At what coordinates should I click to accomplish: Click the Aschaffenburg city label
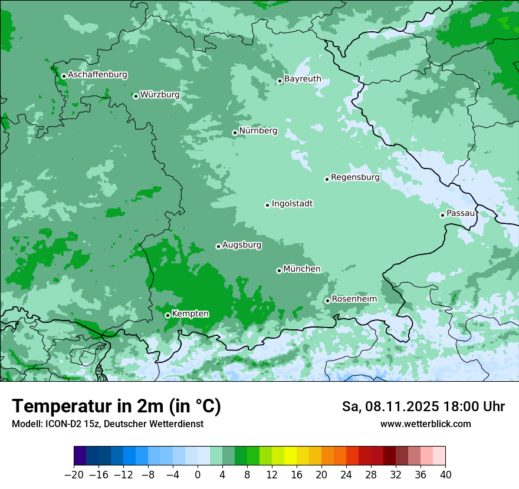point(97,75)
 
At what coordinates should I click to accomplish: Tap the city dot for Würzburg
point(136,96)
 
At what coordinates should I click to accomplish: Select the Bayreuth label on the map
point(303,78)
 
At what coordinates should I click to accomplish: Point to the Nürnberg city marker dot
point(235,133)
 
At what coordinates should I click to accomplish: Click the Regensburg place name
point(355,177)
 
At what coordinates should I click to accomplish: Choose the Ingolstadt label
point(292,204)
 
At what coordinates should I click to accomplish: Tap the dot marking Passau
point(442,215)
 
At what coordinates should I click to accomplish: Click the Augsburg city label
point(241,245)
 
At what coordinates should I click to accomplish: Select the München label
point(302,269)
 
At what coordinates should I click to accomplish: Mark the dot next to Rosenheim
point(327,301)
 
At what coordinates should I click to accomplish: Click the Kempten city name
point(190,313)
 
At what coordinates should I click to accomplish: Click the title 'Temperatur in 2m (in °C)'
point(116,406)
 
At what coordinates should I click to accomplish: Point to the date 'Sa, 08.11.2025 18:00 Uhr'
point(423,407)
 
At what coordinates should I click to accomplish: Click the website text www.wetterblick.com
point(425,424)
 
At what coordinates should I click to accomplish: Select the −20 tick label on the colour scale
point(74,475)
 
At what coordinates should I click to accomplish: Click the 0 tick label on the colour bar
point(198,475)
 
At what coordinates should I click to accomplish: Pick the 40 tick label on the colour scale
point(445,475)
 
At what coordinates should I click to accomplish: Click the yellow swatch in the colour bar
point(290,456)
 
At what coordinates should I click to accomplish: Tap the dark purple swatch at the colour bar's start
point(80,456)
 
